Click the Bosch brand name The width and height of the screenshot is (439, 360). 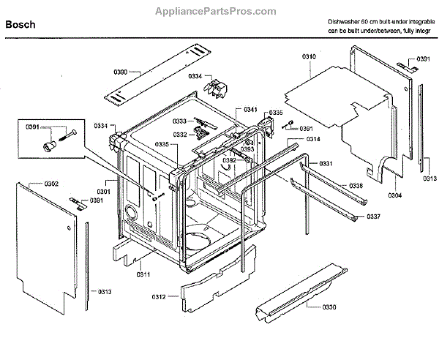point(21,26)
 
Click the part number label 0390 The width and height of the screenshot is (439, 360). point(121,71)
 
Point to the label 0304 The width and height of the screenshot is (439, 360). point(394,195)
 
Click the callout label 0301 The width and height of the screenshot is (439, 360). point(103,192)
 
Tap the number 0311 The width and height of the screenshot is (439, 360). point(143,274)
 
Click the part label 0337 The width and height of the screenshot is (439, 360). point(373,217)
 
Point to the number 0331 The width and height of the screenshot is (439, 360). point(326,162)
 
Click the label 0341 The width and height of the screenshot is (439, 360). point(251,109)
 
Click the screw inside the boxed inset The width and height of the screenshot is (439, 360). point(67,133)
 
